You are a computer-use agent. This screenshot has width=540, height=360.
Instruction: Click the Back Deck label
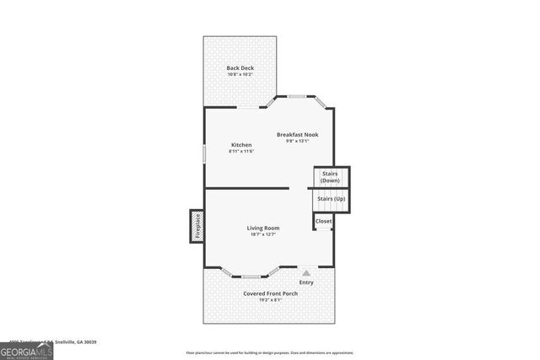tap(240, 67)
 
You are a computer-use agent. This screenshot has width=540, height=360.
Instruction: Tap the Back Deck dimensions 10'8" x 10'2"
tap(240, 74)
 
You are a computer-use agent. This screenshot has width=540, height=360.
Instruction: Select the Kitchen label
tap(241, 144)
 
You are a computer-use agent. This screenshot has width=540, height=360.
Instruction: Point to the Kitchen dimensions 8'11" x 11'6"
tap(241, 151)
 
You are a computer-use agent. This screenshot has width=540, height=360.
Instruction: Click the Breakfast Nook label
tap(297, 134)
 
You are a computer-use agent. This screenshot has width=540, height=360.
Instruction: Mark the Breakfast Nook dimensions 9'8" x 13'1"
tap(297, 141)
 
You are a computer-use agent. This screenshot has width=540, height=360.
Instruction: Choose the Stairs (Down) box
tap(331, 177)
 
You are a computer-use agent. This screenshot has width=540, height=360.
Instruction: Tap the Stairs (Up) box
tap(331, 200)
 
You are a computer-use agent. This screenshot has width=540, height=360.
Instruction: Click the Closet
tap(324, 221)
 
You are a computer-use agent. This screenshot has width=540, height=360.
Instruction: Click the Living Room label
tap(263, 228)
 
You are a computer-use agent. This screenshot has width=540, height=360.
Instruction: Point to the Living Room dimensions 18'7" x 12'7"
tap(263, 234)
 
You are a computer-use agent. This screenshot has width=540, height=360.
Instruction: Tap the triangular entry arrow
tap(306, 273)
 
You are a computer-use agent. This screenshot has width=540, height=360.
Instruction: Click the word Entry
tap(306, 282)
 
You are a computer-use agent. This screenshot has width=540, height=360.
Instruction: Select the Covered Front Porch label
tap(270, 293)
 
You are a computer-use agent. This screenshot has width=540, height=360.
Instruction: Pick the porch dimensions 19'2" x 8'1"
tap(270, 299)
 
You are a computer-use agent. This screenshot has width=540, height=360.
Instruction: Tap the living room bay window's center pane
tap(251, 276)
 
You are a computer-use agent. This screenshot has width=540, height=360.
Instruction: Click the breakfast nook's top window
tap(297, 97)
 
